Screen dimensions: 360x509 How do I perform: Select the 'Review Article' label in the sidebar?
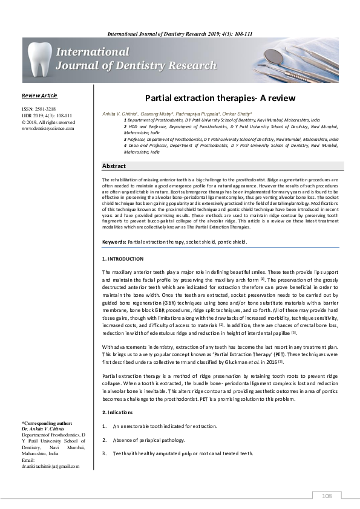coord(39,96)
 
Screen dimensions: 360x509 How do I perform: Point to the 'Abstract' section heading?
coord(114,166)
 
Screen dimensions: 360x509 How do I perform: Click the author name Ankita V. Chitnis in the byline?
coord(122,113)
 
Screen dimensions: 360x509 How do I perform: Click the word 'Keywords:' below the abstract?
coord(114,242)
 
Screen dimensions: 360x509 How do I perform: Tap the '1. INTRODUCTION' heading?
coord(123,259)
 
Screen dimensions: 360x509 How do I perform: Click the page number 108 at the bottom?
coord(327,496)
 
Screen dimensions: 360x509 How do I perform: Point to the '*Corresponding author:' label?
coord(47,423)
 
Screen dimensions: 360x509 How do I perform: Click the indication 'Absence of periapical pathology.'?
coord(147,441)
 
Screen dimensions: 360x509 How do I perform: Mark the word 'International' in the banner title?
coord(92,52)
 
